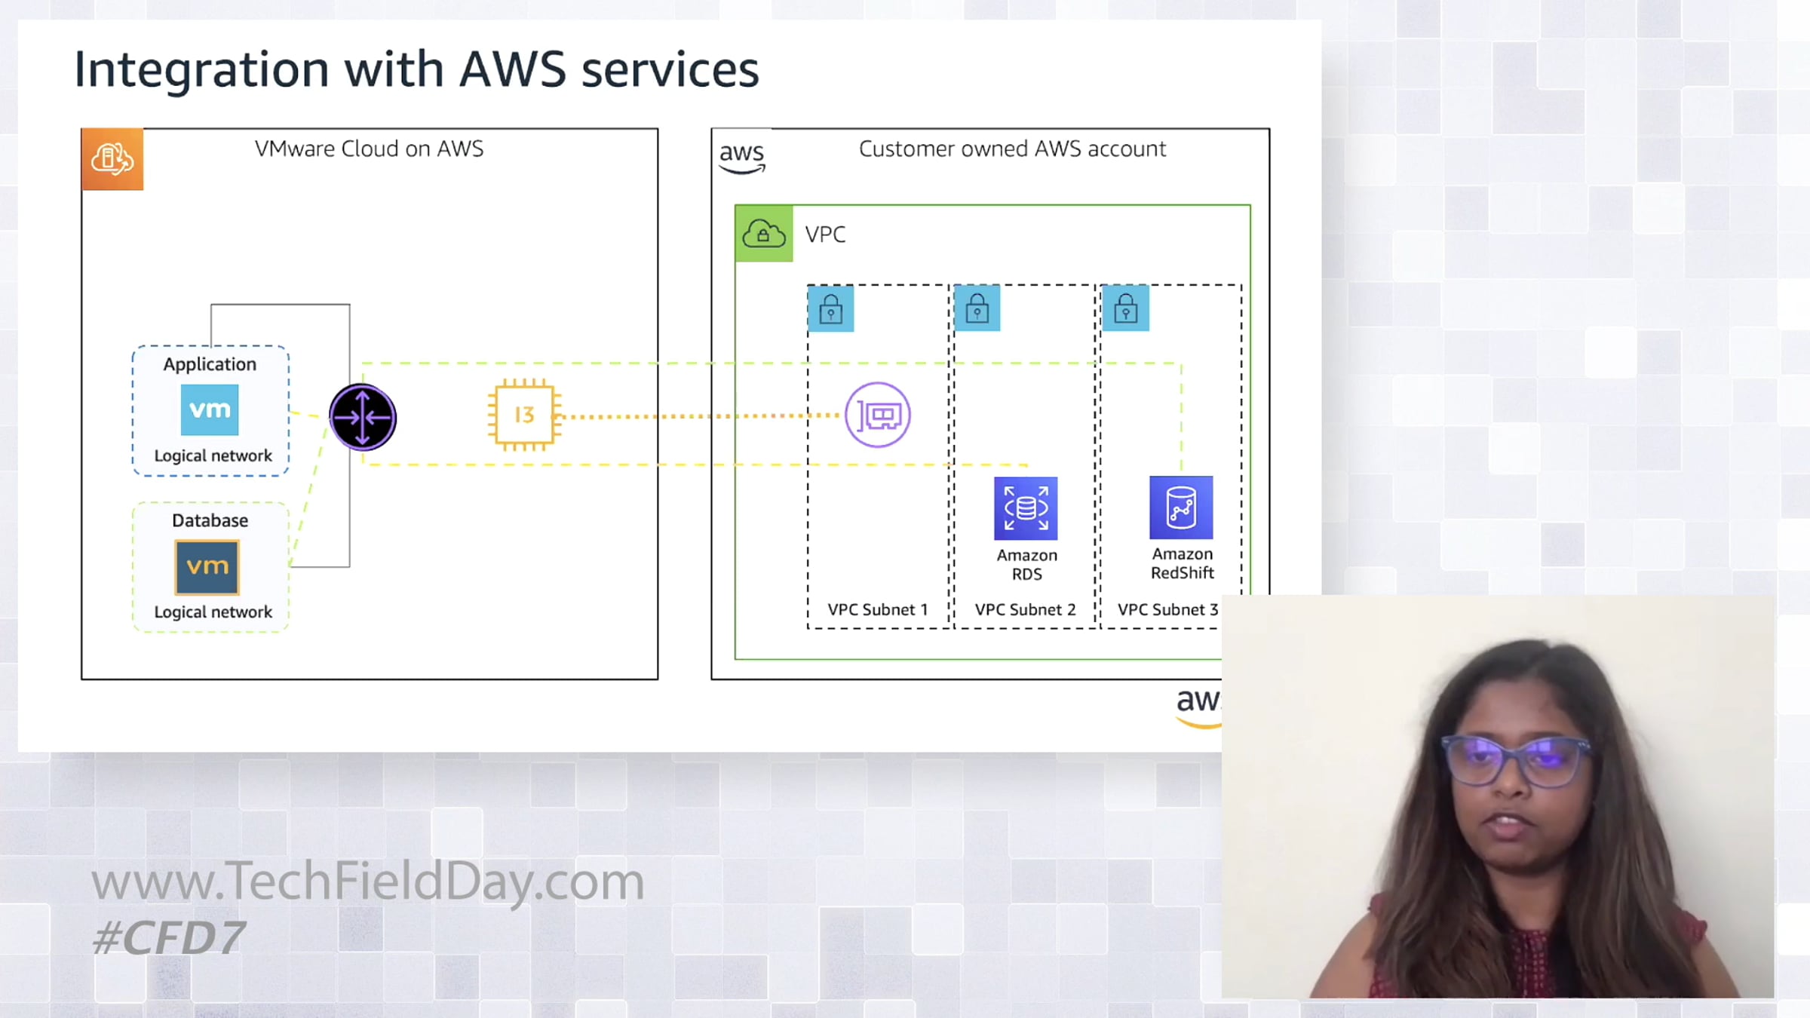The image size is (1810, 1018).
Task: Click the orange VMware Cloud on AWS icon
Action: pyautogui.click(x=112, y=159)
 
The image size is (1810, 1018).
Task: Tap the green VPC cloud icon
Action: pyautogui.click(x=764, y=234)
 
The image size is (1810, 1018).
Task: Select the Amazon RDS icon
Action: pyautogui.click(x=1026, y=508)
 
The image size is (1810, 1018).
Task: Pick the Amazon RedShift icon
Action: pyautogui.click(x=1181, y=507)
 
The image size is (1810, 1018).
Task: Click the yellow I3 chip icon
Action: pyautogui.click(x=524, y=415)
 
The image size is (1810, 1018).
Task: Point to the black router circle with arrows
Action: pyautogui.click(x=363, y=417)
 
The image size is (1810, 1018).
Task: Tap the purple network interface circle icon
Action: pyautogui.click(x=878, y=415)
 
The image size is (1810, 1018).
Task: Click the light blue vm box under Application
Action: pyautogui.click(x=210, y=409)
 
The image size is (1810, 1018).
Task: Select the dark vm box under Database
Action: pyautogui.click(x=207, y=566)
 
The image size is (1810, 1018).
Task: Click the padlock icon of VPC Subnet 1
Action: pyautogui.click(x=830, y=308)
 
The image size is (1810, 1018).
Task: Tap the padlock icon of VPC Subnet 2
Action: pyautogui.click(x=977, y=308)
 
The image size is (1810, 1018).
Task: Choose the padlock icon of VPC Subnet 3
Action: pyautogui.click(x=1126, y=308)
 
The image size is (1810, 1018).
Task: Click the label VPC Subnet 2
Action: pyautogui.click(x=1025, y=609)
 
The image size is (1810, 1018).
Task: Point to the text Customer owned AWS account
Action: pyautogui.click(x=1012, y=149)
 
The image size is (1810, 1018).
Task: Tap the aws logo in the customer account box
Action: pyautogui.click(x=742, y=157)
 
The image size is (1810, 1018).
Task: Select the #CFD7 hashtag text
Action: pyautogui.click(x=168, y=938)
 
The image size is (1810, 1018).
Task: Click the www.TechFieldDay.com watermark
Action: pyautogui.click(x=368, y=882)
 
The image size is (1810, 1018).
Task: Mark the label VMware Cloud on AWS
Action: pyautogui.click(x=369, y=149)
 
